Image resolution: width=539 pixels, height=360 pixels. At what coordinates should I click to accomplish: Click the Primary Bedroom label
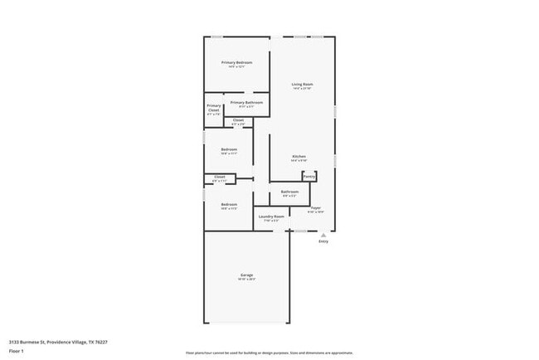coord(236,63)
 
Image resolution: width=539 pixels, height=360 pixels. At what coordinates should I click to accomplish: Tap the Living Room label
coord(301,84)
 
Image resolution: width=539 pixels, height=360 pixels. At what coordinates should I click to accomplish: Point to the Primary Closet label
coord(214,108)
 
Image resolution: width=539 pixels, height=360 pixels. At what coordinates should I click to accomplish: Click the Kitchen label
coord(299,157)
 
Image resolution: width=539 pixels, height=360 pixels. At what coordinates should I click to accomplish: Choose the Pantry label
coord(308,176)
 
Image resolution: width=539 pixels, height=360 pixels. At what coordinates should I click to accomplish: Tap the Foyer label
coord(315,207)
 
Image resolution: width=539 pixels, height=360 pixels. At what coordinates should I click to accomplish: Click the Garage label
coord(246,275)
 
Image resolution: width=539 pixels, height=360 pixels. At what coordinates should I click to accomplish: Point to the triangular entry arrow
coord(323,235)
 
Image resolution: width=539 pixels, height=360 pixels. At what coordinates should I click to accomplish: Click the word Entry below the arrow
coord(323,242)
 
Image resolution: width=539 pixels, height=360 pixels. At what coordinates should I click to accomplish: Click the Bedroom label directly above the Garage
coord(229,204)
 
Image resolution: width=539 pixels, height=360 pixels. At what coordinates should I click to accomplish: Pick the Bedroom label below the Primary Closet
coord(229,149)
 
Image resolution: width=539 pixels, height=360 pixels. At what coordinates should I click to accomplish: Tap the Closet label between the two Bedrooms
coord(220,176)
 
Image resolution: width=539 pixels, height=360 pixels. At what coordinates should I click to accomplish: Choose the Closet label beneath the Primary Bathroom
coord(238,120)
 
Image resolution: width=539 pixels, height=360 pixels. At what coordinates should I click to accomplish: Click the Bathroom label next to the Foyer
coord(289,192)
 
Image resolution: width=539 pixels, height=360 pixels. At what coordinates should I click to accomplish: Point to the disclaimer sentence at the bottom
coord(269,353)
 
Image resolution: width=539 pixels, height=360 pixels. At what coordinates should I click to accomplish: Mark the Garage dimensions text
coord(246,280)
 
